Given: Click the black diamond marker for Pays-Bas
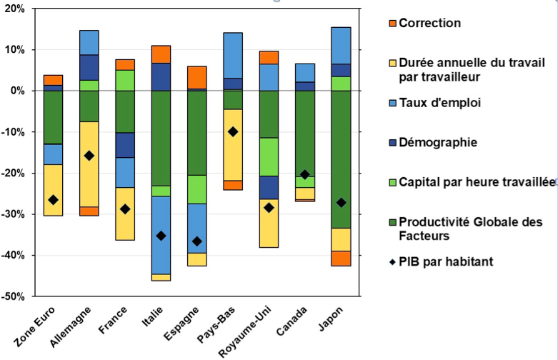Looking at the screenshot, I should coord(233,132).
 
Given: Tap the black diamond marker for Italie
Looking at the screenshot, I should coord(161,236).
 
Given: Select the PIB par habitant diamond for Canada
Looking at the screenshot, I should coord(305,174).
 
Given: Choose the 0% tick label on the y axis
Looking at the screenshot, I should coord(18,91).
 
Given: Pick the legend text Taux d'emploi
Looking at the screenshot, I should coord(439,103).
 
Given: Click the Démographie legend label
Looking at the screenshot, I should coord(438,142).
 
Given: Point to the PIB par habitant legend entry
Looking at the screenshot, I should coord(446,261).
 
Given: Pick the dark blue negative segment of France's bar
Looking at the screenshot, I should coord(126,145).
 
